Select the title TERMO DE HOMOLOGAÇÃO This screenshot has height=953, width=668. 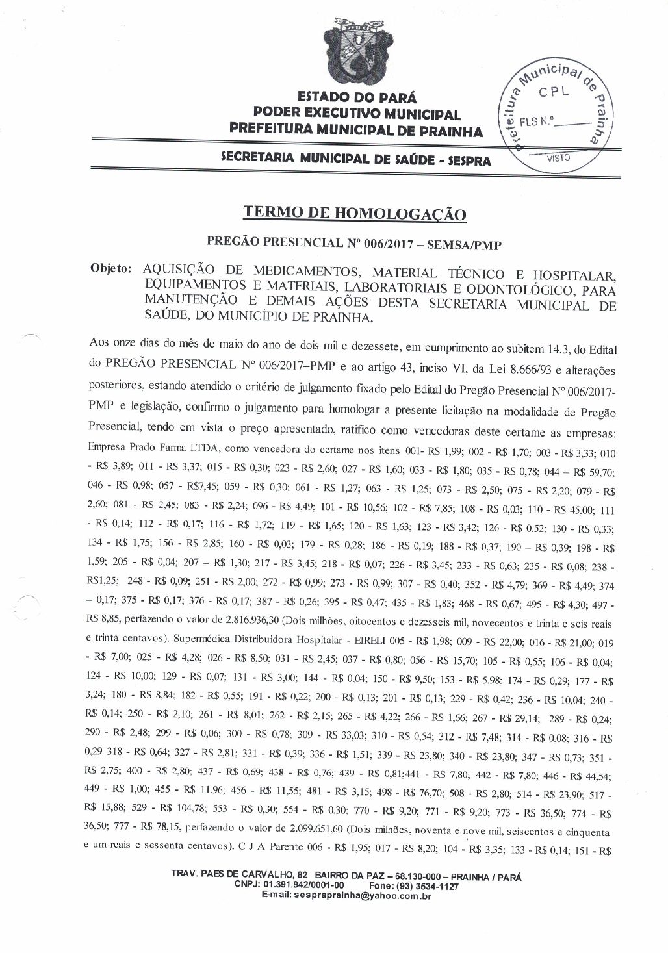[x=355, y=212]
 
